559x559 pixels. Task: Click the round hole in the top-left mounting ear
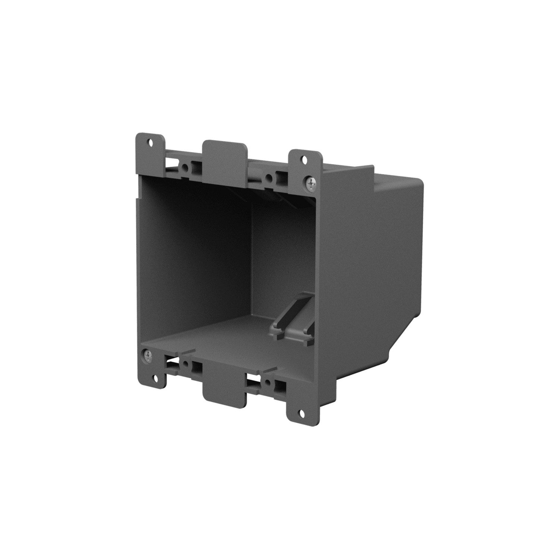coord(151,142)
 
